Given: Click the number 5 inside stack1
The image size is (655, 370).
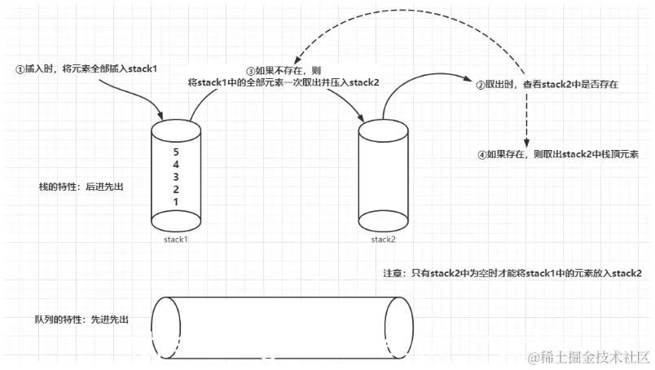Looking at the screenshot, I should coord(175,152).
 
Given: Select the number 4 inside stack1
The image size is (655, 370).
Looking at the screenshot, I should coord(175,165).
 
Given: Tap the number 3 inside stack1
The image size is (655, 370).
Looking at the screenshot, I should coord(175,177).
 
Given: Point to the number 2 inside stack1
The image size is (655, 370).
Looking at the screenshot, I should coord(175,189).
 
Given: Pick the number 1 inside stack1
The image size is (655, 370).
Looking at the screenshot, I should coord(175,201).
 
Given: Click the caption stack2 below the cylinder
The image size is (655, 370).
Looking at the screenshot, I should coord(383,240).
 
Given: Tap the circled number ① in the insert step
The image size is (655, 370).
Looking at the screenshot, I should coord(20,68).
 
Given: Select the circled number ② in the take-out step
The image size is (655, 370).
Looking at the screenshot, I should coord(481,84).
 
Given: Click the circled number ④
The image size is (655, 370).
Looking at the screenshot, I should coord(482,153).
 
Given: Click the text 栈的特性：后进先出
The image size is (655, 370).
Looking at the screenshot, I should coord(86,187).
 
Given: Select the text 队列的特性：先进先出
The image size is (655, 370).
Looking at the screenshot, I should coord(82,320).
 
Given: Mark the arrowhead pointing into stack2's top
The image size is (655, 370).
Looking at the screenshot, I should coord(363,120).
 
